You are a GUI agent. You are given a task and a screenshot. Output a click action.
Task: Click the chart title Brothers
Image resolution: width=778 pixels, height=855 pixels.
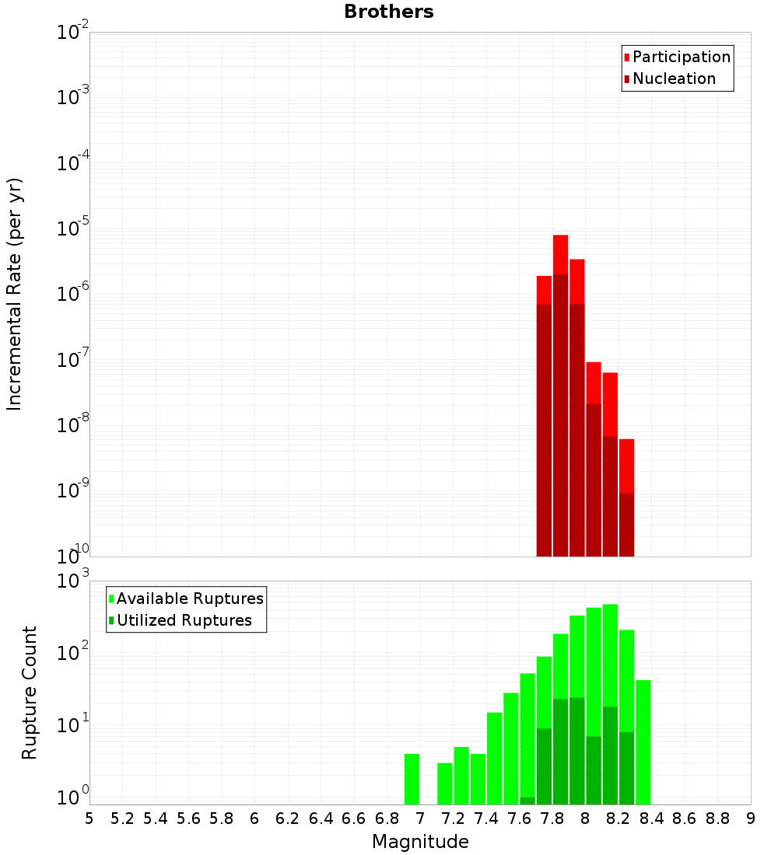389,12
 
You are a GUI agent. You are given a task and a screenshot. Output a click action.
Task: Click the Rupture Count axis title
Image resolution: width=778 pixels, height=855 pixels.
30,693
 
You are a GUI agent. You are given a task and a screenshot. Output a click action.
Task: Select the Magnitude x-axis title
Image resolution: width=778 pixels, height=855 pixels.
420,842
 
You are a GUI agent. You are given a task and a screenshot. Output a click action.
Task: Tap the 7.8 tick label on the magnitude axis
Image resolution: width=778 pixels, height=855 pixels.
552,818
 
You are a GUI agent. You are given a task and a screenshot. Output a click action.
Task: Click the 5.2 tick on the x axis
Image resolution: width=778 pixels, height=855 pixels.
122,818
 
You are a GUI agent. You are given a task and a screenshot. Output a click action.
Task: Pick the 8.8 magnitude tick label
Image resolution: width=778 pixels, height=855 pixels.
717,818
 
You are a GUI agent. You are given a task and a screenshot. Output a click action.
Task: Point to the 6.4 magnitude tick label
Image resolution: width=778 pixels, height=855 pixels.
321,818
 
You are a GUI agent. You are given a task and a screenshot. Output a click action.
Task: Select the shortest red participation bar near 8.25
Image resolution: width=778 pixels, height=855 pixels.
626,466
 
